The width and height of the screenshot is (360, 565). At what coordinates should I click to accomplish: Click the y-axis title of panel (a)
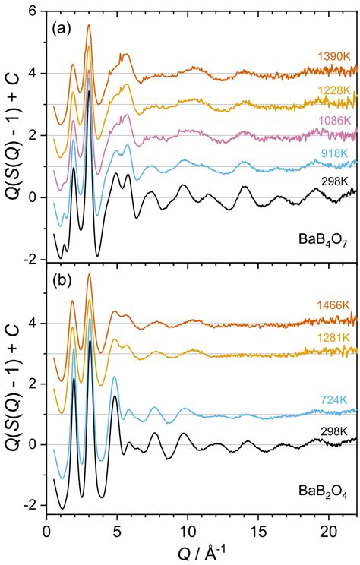[10, 136]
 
